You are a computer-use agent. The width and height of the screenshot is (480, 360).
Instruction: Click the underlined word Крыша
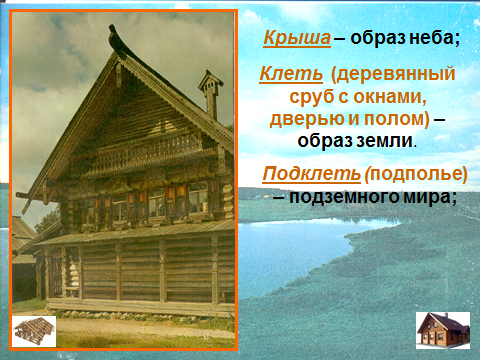[x=297, y=38]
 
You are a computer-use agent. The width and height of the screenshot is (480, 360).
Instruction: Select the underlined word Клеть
[x=291, y=74]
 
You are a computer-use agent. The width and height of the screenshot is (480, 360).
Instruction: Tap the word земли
[x=384, y=141]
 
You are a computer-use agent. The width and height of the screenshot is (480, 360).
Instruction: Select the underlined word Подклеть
[x=312, y=174]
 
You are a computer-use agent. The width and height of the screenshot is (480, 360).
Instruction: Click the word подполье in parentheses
[x=418, y=174]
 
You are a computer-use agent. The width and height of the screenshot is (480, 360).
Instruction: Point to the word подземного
[x=344, y=197]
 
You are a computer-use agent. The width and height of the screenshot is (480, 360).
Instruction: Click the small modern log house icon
[x=443, y=330]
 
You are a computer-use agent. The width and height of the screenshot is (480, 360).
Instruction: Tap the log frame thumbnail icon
[x=34, y=331]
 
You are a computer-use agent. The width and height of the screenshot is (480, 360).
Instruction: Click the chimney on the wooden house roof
[x=210, y=95]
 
